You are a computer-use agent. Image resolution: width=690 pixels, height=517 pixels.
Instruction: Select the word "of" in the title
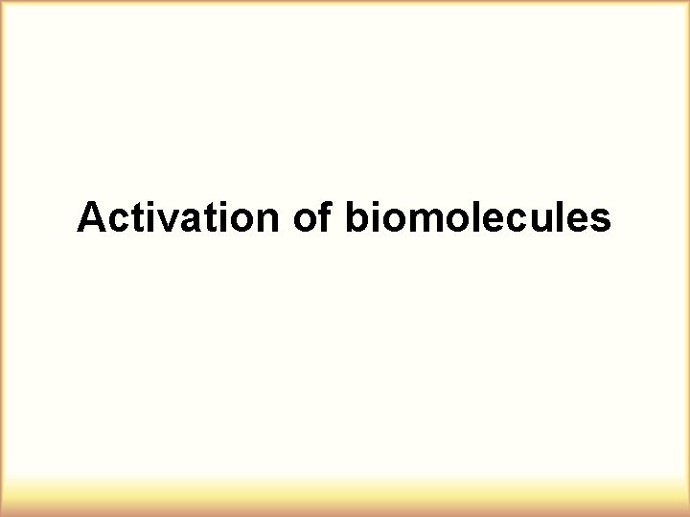pos(311,218)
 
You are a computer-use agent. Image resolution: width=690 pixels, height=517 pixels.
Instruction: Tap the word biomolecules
pos(476,218)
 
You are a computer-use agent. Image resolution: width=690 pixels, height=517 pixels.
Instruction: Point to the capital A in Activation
pos(91,218)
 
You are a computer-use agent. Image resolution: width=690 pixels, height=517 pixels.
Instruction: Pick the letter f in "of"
pos(324,217)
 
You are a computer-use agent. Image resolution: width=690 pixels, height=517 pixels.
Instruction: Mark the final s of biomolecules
pos(600,221)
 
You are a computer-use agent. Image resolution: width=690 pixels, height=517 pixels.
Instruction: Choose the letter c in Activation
pos(116,221)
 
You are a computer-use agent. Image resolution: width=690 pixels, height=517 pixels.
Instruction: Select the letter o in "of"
pos(304,221)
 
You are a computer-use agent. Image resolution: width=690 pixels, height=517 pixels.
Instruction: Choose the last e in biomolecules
pos(578,221)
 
